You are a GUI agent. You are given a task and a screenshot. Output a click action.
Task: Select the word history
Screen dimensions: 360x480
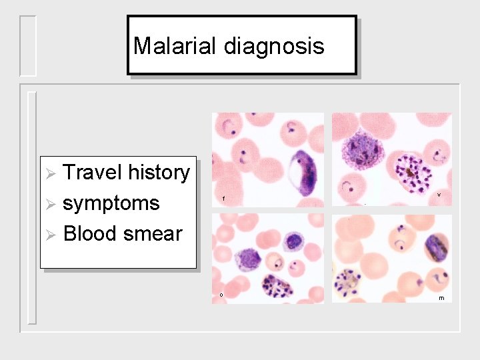tap(159, 173)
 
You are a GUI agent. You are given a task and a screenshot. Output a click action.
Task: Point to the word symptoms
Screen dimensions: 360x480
tap(111, 203)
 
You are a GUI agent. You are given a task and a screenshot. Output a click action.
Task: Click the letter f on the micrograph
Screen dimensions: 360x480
tap(223, 199)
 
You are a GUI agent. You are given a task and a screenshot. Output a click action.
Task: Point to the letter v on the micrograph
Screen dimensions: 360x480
tap(439, 195)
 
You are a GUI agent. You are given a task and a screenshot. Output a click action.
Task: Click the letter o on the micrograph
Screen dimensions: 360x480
tap(220, 295)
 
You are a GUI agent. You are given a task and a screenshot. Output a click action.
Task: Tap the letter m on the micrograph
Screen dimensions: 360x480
tap(441, 298)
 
